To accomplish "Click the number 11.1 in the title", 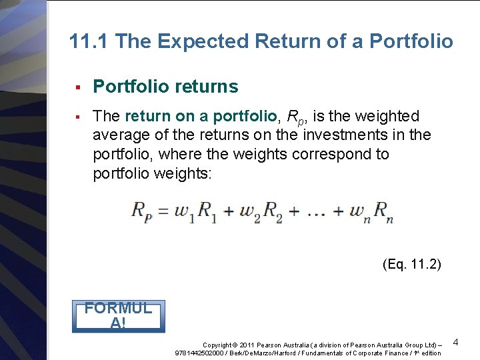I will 89,42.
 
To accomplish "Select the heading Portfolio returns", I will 165,87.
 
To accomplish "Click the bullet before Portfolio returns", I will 78,87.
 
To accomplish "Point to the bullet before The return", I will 78,117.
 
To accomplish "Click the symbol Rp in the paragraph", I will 294,117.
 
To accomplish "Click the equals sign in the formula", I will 163,211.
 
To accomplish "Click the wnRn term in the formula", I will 371,213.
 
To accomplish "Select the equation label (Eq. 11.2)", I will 412,265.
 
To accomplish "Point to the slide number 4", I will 455,342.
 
